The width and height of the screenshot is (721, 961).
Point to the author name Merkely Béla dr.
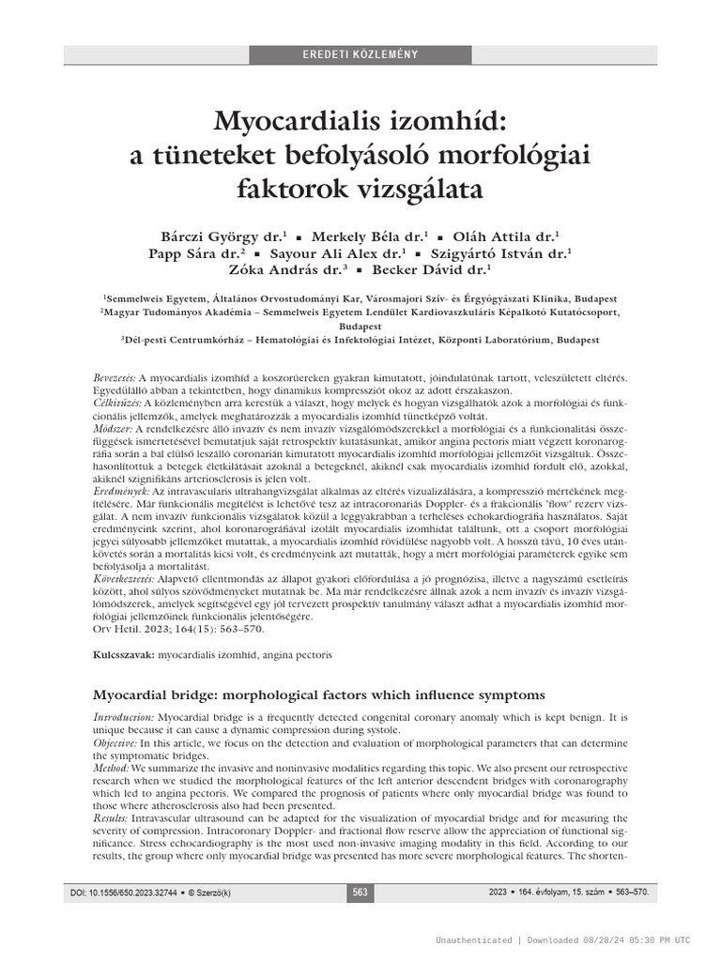click(x=370, y=236)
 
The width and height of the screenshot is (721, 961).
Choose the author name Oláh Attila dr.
click(x=507, y=236)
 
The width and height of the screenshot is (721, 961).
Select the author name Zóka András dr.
click(x=282, y=270)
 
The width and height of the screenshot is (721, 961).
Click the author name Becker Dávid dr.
click(x=433, y=270)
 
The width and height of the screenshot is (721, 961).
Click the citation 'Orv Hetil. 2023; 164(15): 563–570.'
click(x=173, y=629)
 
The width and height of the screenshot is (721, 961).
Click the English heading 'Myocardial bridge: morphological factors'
click(x=318, y=694)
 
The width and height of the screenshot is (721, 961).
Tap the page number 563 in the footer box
click(x=360, y=892)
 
